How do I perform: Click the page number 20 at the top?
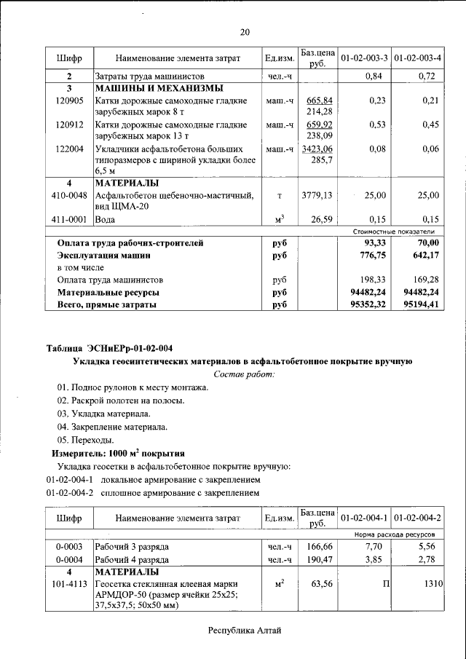(245, 32)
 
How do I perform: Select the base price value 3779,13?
(317, 196)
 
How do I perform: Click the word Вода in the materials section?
(106, 219)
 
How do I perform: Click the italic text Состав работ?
(245, 374)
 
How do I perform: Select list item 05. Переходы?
(85, 440)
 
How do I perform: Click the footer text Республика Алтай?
(244, 631)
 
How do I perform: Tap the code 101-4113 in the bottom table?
(69, 584)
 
